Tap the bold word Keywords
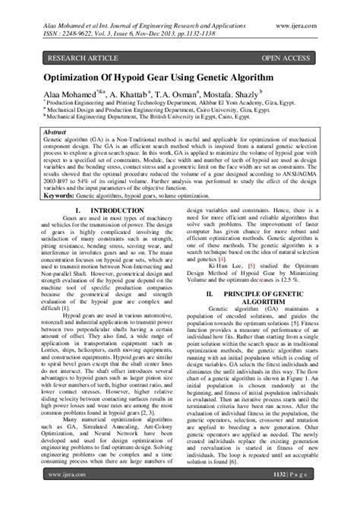point(62,195)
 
